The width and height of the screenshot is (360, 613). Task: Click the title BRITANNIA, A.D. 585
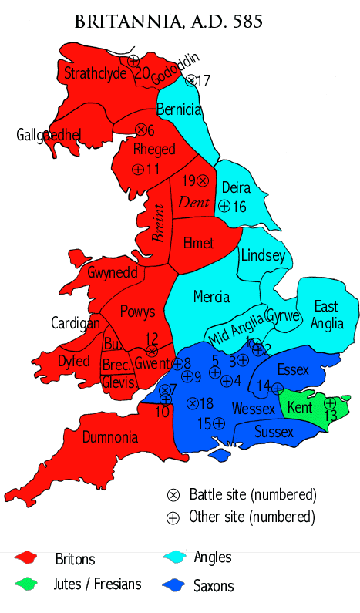(169, 22)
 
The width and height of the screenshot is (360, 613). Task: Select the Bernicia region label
(179, 109)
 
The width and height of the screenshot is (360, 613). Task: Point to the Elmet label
(198, 243)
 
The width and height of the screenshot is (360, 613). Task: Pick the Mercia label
(211, 296)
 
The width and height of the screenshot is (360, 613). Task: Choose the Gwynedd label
(113, 273)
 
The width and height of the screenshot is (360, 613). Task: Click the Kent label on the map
(300, 406)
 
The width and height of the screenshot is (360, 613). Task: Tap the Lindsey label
(263, 255)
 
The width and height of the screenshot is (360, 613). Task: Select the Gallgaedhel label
(49, 136)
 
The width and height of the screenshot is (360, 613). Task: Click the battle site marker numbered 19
(202, 180)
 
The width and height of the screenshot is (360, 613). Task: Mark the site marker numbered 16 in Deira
(224, 206)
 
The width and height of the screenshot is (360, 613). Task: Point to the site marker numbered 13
(330, 403)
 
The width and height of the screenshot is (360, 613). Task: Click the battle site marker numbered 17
(191, 80)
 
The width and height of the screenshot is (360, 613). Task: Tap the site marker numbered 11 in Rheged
(138, 169)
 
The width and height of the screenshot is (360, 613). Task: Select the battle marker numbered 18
(192, 403)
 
